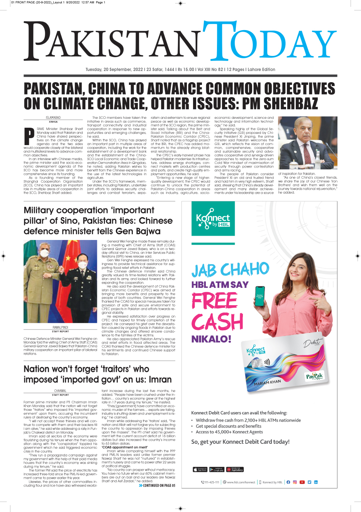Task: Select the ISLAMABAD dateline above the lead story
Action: coord(53,118)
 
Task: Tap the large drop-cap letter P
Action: coord(29,137)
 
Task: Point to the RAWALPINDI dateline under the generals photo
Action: coord(60,327)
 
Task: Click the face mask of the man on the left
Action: coord(45,253)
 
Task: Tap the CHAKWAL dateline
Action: coord(60,391)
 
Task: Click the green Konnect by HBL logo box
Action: coord(213,221)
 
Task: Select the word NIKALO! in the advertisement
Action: coord(211,339)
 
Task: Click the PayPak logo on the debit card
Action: coord(315,376)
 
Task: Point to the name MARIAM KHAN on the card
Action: coord(268,382)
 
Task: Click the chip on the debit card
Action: coord(255,363)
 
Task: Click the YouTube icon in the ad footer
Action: coord(302,482)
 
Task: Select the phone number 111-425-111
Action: coord(210,482)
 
